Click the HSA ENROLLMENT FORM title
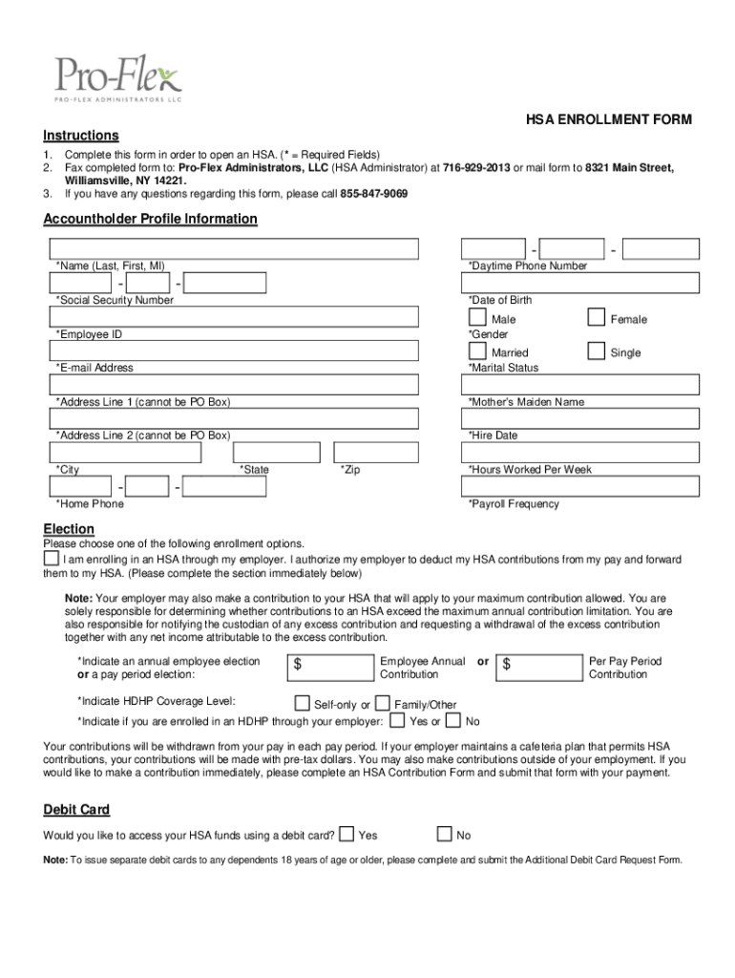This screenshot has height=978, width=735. click(609, 119)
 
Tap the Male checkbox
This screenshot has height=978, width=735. click(476, 317)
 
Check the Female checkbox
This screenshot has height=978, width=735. click(596, 317)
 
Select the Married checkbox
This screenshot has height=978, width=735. click(476, 351)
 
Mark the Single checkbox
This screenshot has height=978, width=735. click(596, 351)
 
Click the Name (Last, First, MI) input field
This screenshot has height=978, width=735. click(234, 248)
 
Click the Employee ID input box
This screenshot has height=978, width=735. click(234, 317)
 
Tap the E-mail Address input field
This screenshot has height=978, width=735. click(234, 351)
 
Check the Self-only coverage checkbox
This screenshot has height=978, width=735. click(302, 704)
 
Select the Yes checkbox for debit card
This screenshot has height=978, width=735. click(346, 834)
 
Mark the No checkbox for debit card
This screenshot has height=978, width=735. click(444, 834)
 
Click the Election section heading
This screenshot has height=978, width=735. click(69, 529)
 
